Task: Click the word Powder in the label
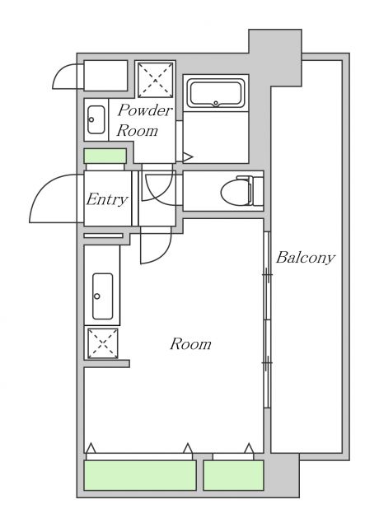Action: tap(144, 111)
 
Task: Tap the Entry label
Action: tap(107, 200)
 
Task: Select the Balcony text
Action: tap(305, 258)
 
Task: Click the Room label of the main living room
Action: tap(190, 344)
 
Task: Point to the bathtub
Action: tap(215, 93)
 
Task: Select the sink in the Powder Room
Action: tap(94, 119)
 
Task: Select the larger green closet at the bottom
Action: tap(140, 475)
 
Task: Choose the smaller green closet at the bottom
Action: tap(233, 475)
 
